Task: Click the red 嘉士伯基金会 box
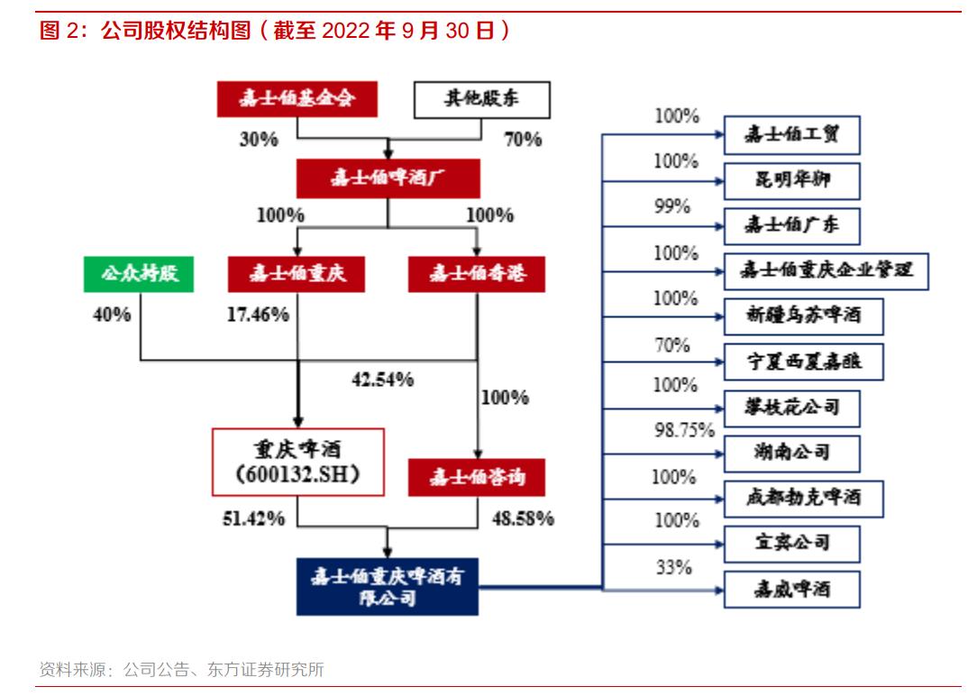[296, 99]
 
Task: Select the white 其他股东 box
[479, 99]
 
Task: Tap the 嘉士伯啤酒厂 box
[388, 179]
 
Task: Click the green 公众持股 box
[139, 274]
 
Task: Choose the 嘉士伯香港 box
[476, 274]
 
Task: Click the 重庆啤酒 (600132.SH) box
[297, 462]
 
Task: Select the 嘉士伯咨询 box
[476, 477]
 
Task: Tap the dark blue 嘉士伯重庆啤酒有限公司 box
[388, 586]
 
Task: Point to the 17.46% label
[257, 315]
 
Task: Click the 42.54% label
[382, 380]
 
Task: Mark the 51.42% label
[254, 518]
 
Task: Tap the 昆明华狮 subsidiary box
[792, 180]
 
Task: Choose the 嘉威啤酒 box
[792, 590]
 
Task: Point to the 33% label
[674, 568]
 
